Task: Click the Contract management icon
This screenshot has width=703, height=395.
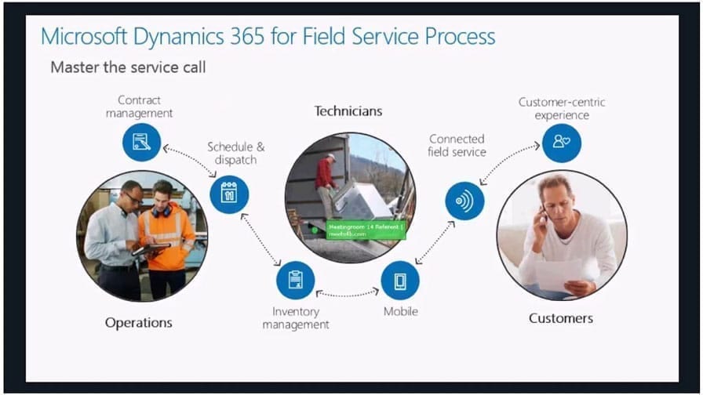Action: coord(141,142)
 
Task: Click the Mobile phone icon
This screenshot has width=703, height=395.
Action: coord(400,280)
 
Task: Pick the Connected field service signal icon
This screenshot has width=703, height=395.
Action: coord(464,201)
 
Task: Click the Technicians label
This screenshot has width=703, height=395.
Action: coord(348,111)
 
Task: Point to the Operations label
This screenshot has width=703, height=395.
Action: coord(139,322)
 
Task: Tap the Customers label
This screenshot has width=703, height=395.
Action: coord(561,318)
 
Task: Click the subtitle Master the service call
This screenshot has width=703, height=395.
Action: coord(128,67)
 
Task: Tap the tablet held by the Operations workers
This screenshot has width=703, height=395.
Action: coord(152,248)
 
